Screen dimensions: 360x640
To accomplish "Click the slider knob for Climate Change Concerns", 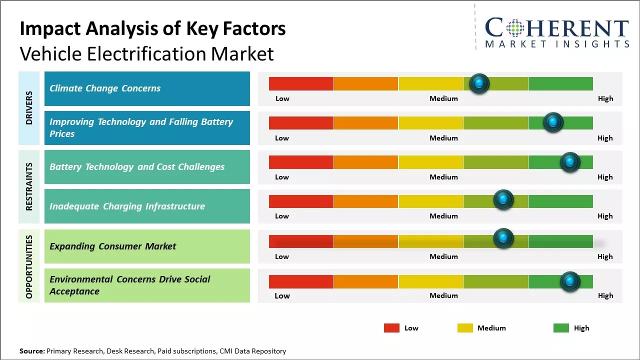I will (479, 83).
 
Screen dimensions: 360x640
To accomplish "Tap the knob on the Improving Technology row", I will (553, 122).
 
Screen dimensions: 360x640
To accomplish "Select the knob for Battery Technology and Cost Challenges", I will (569, 162).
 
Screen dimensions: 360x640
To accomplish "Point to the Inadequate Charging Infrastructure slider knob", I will (503, 200).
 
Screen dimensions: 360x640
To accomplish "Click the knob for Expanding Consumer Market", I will (503, 238).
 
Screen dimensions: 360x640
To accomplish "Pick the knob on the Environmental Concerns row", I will (569, 281).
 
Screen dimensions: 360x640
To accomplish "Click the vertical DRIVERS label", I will (29, 108).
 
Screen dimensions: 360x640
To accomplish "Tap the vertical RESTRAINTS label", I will (29, 186).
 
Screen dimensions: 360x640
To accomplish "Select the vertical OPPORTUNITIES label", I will (29, 266).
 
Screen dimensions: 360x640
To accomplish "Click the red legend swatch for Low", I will (391, 328).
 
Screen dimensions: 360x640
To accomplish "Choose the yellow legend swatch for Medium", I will (465, 328).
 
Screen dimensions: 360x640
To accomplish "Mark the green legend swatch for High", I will (561, 328).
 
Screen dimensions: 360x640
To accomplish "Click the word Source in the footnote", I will (31, 351).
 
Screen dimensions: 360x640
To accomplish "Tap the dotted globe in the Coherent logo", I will (514, 28).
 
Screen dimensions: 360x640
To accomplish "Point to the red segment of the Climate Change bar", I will (301, 83).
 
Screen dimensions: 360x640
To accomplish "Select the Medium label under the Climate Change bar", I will (443, 98).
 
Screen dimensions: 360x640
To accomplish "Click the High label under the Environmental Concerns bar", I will (605, 295).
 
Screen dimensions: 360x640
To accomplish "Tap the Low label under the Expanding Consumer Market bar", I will (282, 256).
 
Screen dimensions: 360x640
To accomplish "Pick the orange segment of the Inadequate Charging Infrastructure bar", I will (366, 201).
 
